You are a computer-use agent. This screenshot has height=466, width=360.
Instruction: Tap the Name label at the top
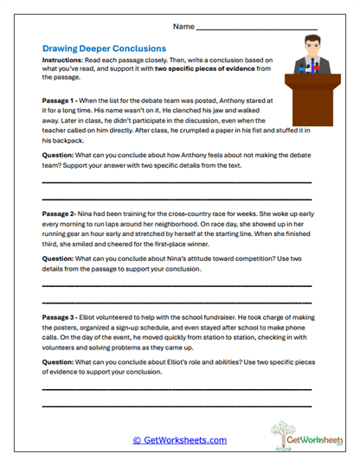[x=183, y=27]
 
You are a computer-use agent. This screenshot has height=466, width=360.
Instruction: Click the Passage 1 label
[x=63, y=100]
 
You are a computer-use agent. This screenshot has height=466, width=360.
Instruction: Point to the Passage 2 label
[x=62, y=211]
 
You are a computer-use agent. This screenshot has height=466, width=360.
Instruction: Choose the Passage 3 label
[x=63, y=319]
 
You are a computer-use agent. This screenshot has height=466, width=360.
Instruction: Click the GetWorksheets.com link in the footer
[x=179, y=439]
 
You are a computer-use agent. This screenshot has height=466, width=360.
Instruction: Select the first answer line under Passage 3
[x=177, y=390]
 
